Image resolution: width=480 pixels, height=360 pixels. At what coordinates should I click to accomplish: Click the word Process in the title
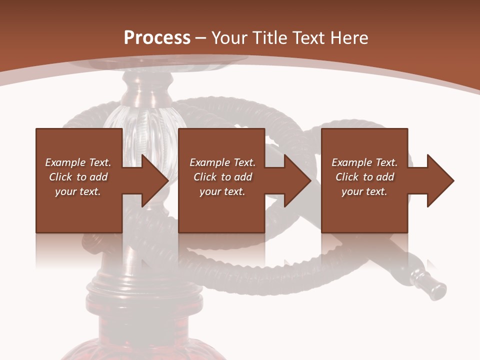pyautogui.click(x=157, y=38)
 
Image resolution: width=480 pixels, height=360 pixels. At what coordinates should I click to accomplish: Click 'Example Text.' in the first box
pyautogui.click(x=78, y=162)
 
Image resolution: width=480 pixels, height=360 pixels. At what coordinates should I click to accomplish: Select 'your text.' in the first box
pyautogui.click(x=78, y=191)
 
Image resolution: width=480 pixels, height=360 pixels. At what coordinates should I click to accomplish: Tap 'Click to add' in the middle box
pyautogui.click(x=222, y=177)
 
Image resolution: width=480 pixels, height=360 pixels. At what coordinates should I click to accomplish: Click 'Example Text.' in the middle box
pyautogui.click(x=222, y=162)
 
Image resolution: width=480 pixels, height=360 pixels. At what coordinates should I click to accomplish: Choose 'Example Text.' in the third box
pyautogui.click(x=364, y=162)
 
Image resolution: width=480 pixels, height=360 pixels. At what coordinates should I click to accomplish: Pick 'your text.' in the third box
pyautogui.click(x=364, y=191)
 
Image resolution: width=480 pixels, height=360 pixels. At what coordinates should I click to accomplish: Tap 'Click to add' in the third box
pyautogui.click(x=364, y=177)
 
